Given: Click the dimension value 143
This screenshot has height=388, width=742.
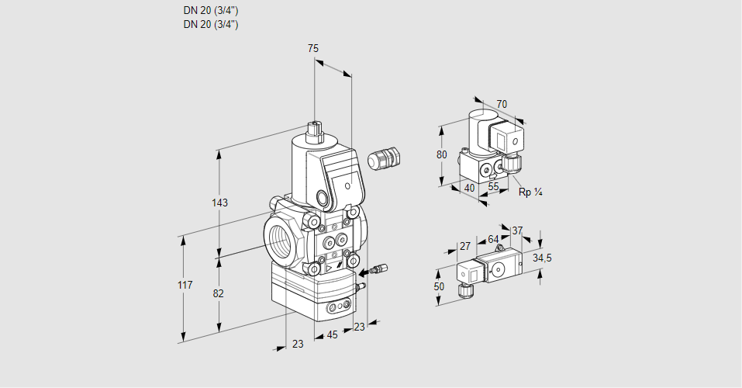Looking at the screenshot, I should pos(219,203).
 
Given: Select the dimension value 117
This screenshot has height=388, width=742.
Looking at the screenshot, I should pos(184,286).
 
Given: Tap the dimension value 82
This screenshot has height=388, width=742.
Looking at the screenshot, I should pos(219,293).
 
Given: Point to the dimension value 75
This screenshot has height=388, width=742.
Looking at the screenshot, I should pos(313,48).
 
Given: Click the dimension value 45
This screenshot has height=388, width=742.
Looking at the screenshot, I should pos(332,335).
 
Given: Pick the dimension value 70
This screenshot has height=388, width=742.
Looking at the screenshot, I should pos(502,104).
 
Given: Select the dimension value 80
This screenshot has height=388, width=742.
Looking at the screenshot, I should pos(442,154).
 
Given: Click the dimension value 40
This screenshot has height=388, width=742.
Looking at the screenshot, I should pos(469,187).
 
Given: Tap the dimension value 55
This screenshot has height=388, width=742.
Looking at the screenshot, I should pos(493,187).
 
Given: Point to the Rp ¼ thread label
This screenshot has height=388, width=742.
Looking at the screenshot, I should pos(530,192).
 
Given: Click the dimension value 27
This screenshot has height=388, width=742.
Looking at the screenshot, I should pos(465,246).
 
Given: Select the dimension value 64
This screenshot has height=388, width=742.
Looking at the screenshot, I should pos(493,240).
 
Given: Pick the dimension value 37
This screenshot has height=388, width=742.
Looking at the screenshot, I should pos(517,230).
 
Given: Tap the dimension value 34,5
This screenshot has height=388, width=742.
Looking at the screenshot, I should pos(542,258).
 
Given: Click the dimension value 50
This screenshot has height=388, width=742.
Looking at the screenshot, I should pos(440,286).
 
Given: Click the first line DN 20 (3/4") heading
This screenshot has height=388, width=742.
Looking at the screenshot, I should pos(211,11).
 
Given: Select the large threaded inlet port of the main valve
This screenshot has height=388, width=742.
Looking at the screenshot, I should pos(281,236).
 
